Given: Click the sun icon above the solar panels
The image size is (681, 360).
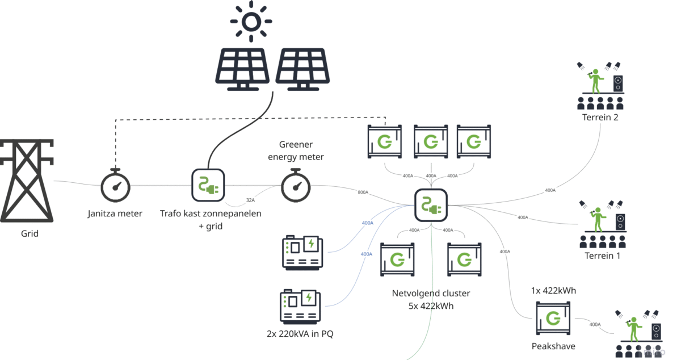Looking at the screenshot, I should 251,22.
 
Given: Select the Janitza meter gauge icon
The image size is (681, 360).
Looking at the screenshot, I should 116,185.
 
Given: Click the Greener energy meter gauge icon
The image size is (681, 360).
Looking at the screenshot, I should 296,185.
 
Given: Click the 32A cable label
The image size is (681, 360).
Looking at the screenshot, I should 250,200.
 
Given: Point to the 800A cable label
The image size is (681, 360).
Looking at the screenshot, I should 363,192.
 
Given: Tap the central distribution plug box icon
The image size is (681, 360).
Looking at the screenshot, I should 431,204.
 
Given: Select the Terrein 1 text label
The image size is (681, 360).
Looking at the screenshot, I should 602,256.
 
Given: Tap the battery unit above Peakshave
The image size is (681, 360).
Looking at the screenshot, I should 552,319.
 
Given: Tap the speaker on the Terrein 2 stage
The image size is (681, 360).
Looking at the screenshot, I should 617,84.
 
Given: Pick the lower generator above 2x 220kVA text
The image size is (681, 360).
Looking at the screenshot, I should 300,307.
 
